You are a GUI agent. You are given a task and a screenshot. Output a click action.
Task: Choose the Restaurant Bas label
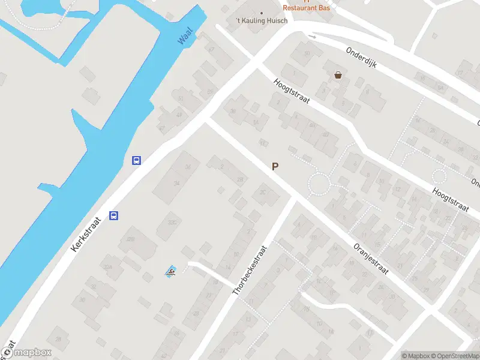tap(306, 8)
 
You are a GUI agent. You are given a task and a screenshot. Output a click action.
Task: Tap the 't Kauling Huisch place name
tap(262, 20)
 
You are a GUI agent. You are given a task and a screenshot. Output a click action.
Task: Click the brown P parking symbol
tap(275, 167)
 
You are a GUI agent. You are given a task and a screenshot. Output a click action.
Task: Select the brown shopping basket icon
tap(338, 75)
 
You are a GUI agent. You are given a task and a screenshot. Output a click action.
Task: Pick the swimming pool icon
tap(171, 271)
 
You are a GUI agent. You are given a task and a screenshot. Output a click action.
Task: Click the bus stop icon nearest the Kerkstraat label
tap(114, 216)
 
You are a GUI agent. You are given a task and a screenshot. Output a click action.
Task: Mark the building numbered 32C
tap(173, 221)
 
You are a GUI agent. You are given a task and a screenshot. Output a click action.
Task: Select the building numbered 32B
tap(130, 239)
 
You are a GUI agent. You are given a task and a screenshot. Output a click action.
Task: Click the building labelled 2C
tap(262, 192)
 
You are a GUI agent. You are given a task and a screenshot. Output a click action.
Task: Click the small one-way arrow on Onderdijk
tap(311, 37)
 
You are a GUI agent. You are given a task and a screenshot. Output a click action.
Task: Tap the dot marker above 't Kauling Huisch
tap(262, 13)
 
